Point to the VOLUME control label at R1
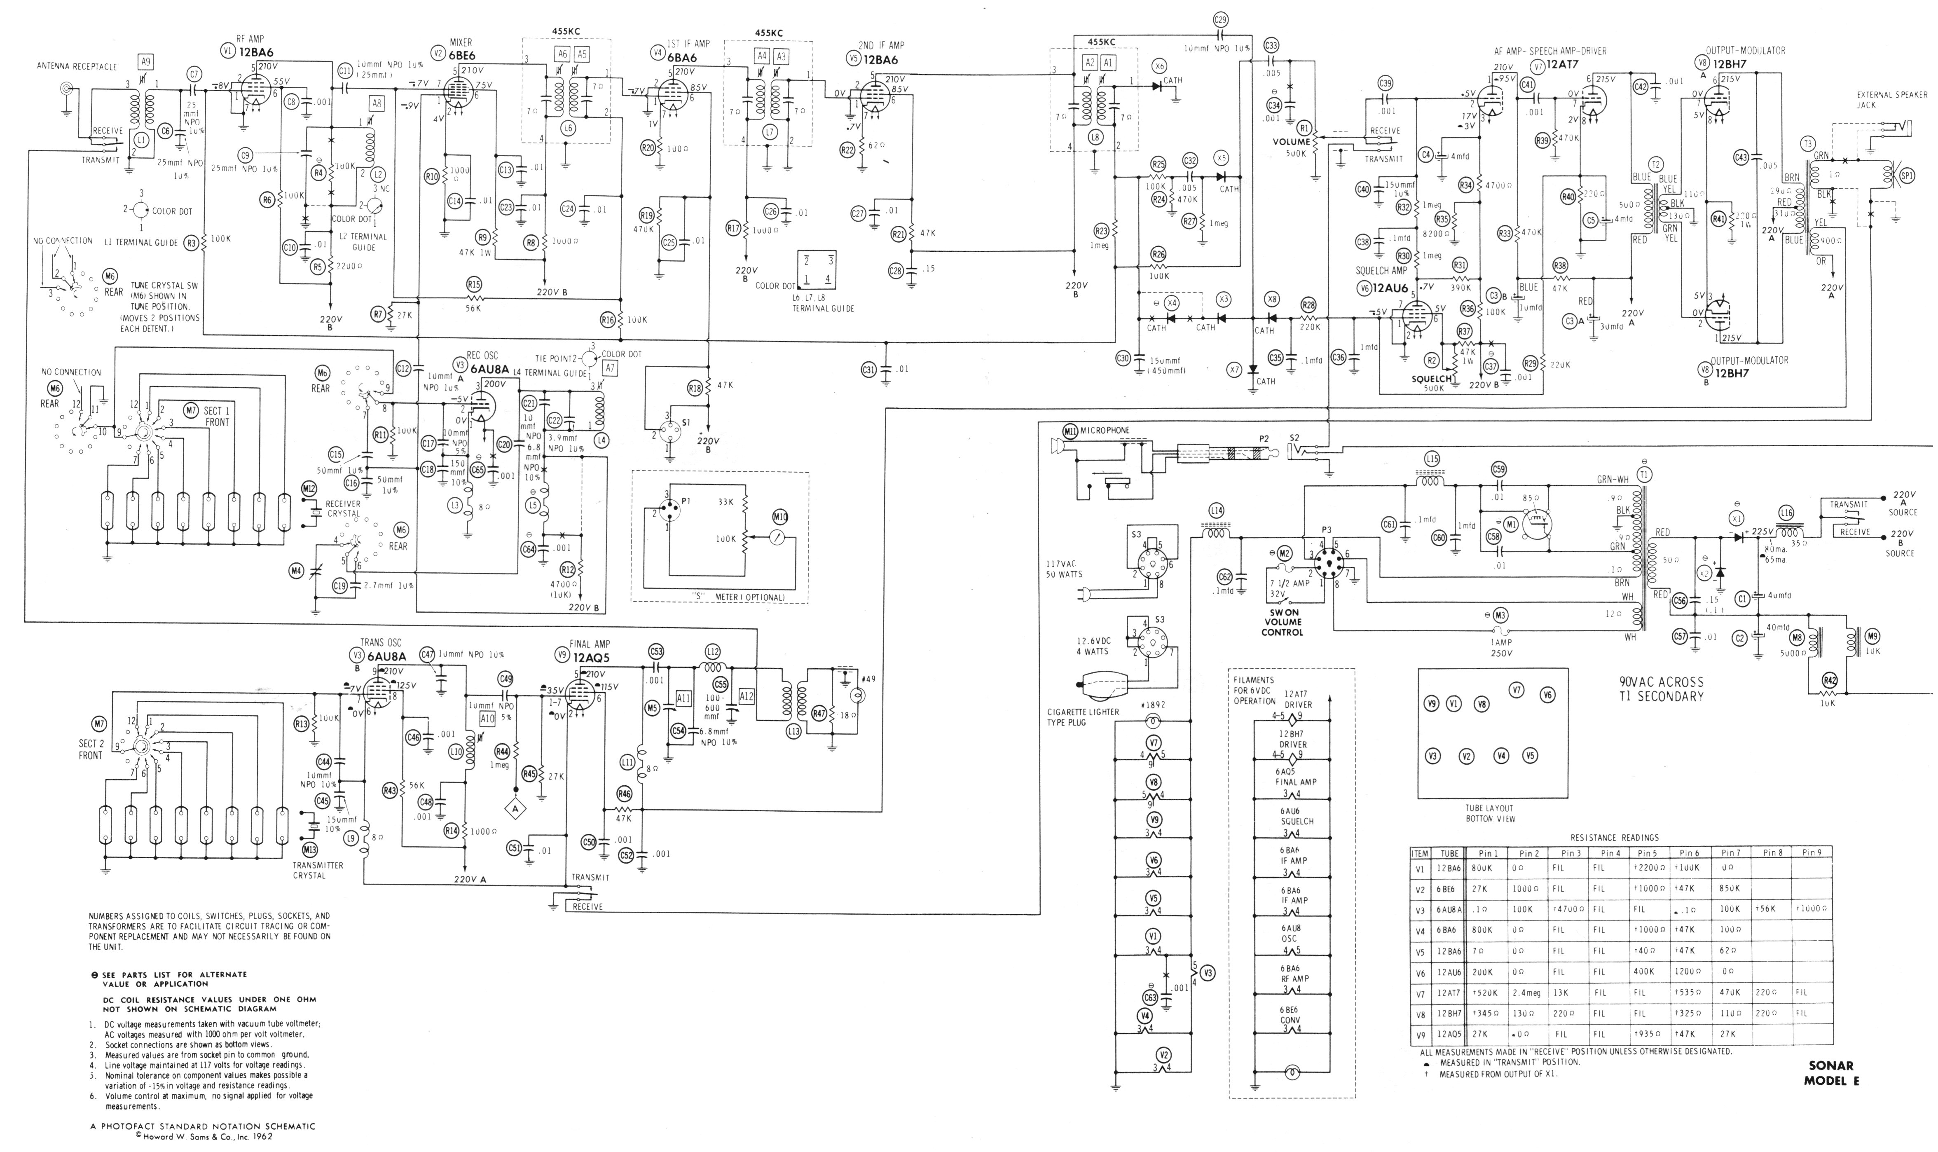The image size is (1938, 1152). pyautogui.click(x=1291, y=142)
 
